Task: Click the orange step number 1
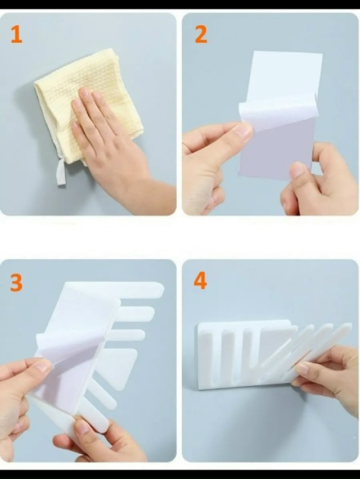tap(16, 34)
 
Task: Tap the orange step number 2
tap(201, 34)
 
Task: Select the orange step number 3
tap(16, 283)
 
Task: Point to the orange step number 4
tap(200, 281)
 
